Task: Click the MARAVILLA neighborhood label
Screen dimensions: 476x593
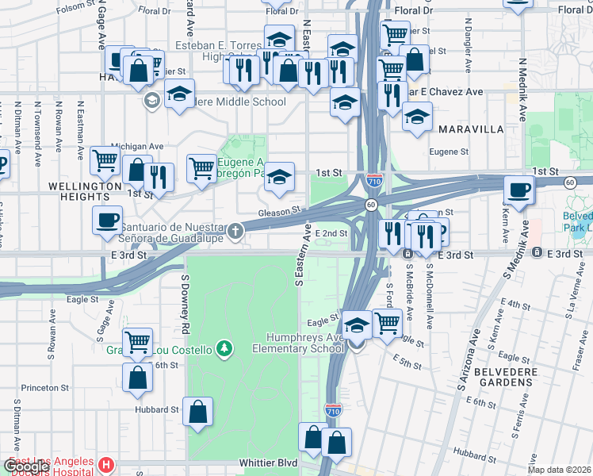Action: [x=471, y=129]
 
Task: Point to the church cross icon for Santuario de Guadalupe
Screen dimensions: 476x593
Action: [x=235, y=231]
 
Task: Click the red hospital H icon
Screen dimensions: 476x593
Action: [x=105, y=464]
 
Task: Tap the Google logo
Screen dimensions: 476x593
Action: [x=27, y=466]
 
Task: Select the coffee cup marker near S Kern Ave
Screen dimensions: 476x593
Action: [x=519, y=190]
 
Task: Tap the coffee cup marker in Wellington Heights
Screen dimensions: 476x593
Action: [x=107, y=219]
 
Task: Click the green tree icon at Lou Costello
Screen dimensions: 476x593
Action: [x=225, y=348]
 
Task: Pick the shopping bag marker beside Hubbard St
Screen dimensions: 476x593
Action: [x=197, y=410]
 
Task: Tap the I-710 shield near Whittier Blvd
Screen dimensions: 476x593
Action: [x=333, y=410]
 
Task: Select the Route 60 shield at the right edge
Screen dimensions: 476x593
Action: [x=569, y=182]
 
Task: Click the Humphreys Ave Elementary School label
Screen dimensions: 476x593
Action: [x=298, y=343]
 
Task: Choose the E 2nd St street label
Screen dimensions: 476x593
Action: [x=331, y=233]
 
